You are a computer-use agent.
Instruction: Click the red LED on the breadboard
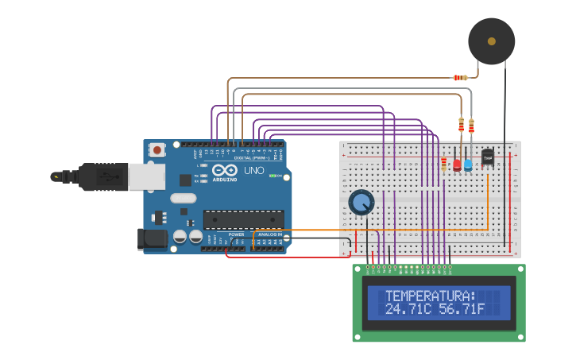457,165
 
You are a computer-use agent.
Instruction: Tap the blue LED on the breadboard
468,165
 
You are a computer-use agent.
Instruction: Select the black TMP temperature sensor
487,158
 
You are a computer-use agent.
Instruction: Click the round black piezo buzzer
491,41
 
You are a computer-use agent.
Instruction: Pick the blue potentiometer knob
361,202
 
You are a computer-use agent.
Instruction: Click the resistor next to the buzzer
459,77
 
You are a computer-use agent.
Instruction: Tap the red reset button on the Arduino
157,149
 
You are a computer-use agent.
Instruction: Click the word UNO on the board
253,170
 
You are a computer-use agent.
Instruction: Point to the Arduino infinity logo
224,169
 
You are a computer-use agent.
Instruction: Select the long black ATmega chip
243,219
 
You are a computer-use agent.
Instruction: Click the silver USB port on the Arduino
146,176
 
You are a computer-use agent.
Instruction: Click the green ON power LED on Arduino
273,176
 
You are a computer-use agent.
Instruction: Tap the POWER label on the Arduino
237,234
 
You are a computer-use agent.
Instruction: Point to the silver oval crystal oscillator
182,199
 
